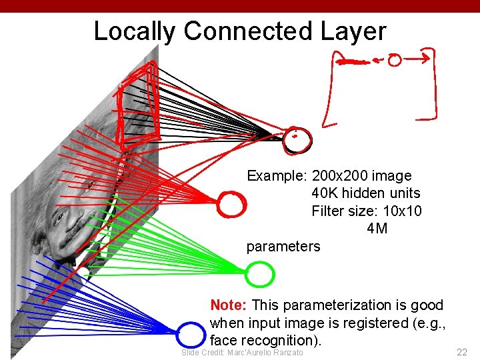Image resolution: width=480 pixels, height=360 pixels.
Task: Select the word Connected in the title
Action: point(247,31)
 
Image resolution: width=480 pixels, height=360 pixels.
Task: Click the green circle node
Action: point(260,273)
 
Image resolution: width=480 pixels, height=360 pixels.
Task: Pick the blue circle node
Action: point(191,333)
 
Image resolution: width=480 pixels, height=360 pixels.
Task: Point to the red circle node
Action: point(231,204)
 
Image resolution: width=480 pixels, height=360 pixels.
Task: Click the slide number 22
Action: point(461,351)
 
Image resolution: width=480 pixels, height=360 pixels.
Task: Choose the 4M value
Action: point(377,229)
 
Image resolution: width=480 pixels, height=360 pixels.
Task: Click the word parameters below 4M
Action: point(283,247)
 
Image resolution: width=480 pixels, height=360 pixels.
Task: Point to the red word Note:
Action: point(229,305)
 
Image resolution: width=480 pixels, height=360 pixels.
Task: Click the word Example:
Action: point(276,176)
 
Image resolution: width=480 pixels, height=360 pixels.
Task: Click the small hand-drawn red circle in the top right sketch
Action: point(394,61)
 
